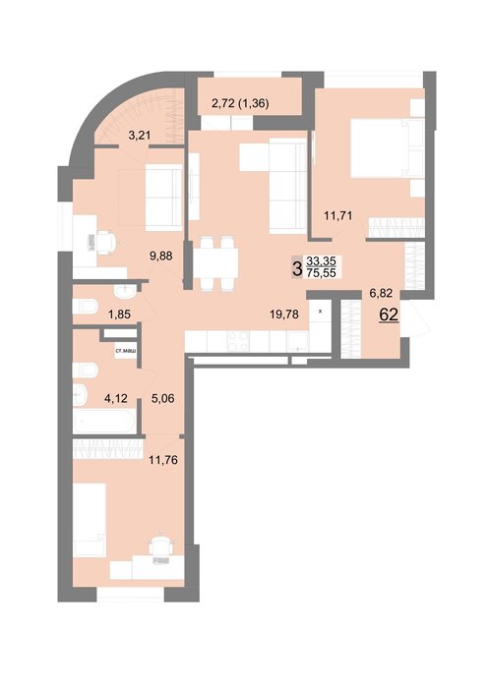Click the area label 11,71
click(338, 215)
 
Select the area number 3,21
click(139, 135)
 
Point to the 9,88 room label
click(161, 256)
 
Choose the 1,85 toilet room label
click(119, 315)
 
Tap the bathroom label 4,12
click(116, 398)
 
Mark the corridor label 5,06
click(163, 398)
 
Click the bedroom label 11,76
click(163, 460)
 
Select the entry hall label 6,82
click(381, 293)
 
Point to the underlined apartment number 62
click(389, 315)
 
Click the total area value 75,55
click(322, 272)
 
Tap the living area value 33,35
click(322, 261)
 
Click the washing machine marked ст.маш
click(126, 351)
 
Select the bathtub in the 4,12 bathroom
click(104, 422)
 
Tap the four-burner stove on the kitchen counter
click(238, 341)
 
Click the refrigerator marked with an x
click(320, 312)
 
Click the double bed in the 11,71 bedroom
click(388, 148)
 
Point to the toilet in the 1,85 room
click(86, 307)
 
